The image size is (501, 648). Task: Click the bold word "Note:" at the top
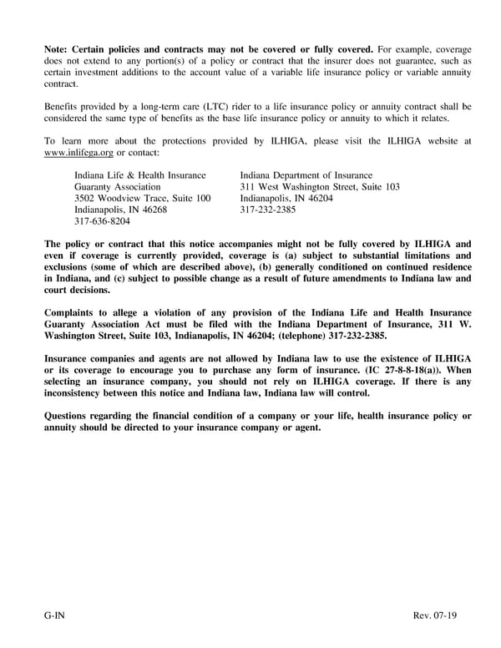59,48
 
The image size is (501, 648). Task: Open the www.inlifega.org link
78,154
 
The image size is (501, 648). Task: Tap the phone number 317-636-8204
102,222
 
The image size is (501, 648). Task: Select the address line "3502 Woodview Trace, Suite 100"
142,199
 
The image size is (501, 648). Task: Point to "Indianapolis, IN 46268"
120,210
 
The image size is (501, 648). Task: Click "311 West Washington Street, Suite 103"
320,187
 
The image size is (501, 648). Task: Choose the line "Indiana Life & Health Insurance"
139,175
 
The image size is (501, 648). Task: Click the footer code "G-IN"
56,615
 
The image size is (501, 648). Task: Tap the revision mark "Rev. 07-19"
435,615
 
